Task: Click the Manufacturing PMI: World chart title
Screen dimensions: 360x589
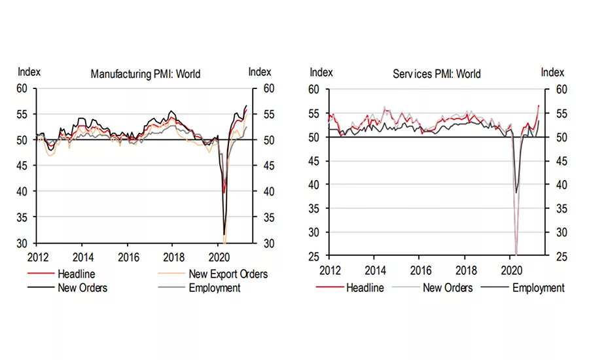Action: [x=145, y=74]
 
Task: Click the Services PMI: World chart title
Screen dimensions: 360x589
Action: [x=437, y=73]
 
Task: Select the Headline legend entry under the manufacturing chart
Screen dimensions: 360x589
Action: [x=74, y=274]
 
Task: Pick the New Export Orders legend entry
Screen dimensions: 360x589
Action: [x=228, y=274]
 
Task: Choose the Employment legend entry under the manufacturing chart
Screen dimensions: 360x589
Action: [x=215, y=287]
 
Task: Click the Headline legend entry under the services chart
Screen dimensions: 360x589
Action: [x=365, y=287]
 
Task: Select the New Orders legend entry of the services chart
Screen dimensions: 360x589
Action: [x=448, y=287]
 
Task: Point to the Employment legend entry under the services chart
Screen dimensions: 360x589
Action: [x=538, y=287]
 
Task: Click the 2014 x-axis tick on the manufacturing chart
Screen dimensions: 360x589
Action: [x=82, y=257]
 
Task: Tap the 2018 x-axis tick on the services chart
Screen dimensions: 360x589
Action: [x=466, y=270]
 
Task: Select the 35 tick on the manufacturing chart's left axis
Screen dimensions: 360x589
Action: [x=24, y=217]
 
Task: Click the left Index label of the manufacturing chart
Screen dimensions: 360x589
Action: [x=29, y=71]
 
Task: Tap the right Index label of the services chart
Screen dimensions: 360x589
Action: [x=552, y=72]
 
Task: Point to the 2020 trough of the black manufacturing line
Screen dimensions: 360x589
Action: [x=224, y=234]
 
